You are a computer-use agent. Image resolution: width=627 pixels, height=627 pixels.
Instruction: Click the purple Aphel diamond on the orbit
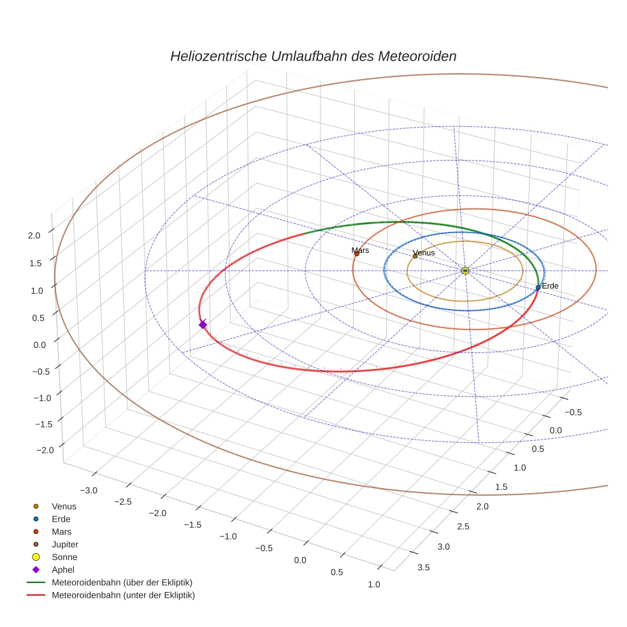(x=203, y=324)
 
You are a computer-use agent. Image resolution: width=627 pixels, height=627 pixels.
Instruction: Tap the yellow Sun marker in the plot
(x=465, y=271)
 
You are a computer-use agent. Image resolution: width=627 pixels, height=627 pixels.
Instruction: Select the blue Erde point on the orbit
(x=538, y=287)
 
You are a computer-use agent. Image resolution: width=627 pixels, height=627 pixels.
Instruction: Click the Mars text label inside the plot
(x=360, y=250)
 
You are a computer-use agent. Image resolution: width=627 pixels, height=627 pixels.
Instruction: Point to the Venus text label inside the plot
(x=424, y=253)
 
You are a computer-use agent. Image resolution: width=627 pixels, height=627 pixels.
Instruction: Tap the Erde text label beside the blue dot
(x=550, y=286)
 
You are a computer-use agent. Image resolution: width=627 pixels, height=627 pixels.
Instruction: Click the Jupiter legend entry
(x=64, y=544)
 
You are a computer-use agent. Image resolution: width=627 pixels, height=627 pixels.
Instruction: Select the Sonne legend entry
(x=64, y=557)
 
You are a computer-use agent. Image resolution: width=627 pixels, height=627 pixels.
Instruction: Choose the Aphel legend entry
(x=63, y=570)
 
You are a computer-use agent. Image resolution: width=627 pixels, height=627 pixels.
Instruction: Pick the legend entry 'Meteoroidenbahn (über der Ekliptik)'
(x=122, y=582)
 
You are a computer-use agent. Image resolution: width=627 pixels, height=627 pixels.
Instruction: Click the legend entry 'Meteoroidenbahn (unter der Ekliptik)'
(x=123, y=595)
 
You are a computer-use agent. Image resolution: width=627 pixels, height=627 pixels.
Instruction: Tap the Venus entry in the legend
(x=64, y=506)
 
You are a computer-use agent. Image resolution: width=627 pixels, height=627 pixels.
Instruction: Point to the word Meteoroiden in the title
(x=417, y=56)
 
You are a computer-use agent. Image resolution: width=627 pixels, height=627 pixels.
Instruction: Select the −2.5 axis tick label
(x=122, y=501)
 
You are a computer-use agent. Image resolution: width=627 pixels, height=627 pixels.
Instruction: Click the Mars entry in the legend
(x=61, y=531)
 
